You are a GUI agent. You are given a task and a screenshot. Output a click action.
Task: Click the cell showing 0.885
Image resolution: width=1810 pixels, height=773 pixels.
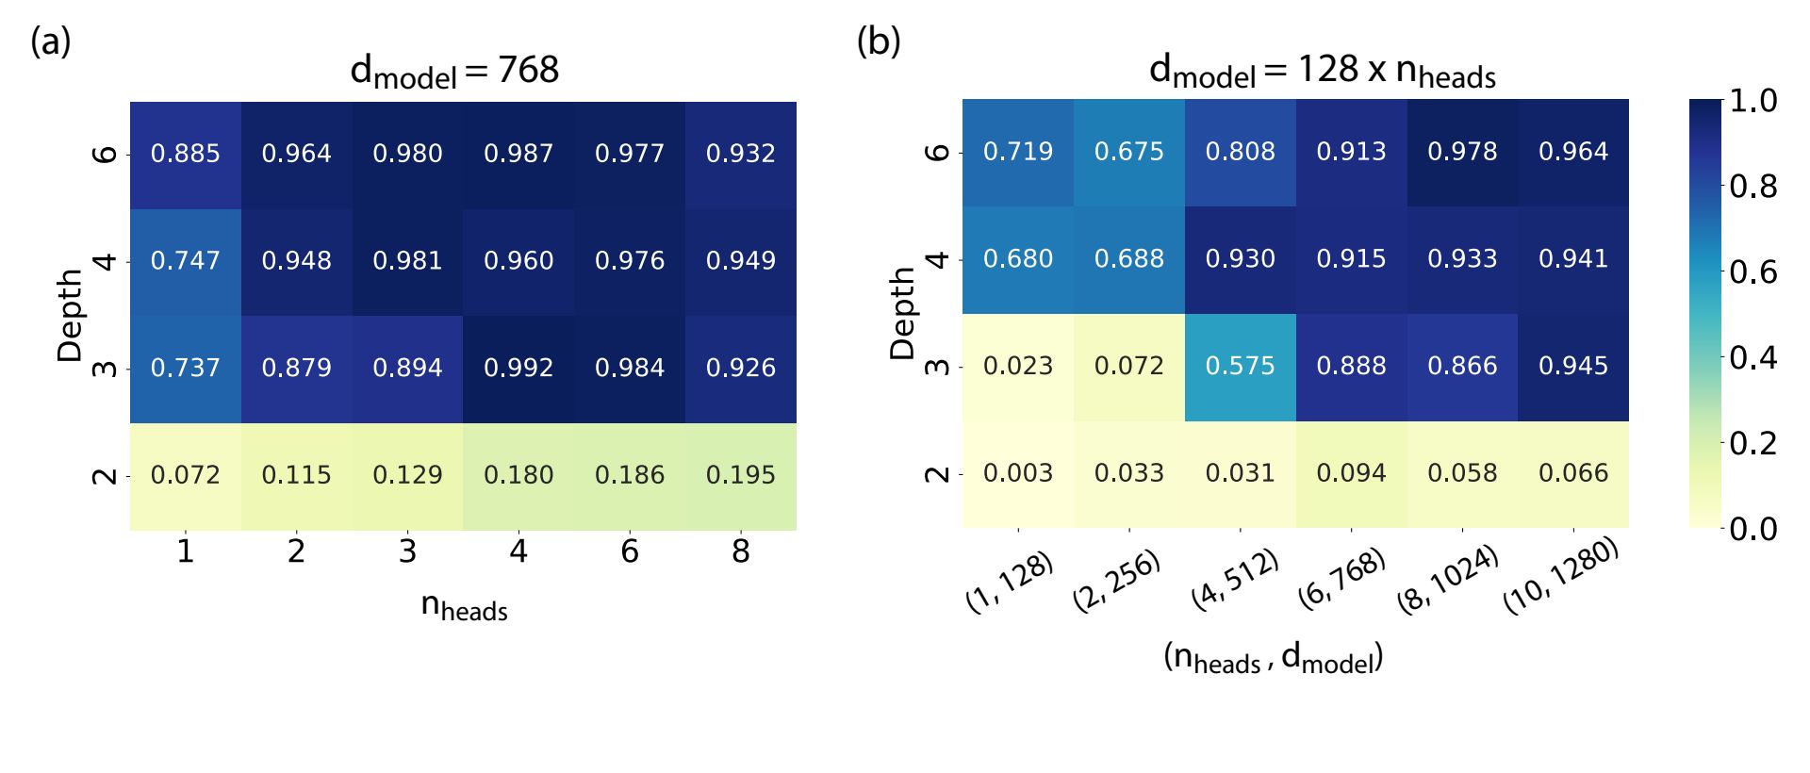(x=185, y=154)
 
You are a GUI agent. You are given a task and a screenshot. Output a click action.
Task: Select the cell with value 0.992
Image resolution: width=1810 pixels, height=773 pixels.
(x=518, y=368)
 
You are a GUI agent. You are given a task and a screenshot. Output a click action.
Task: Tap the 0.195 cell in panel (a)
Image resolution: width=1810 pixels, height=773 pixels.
(x=741, y=475)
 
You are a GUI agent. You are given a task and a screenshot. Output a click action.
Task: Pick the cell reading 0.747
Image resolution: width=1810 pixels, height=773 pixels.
(x=185, y=261)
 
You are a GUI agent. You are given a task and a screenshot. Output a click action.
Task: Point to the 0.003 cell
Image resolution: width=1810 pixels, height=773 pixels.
(x=1018, y=473)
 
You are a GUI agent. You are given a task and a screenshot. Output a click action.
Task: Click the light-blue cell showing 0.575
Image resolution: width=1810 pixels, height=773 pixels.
(x=1240, y=366)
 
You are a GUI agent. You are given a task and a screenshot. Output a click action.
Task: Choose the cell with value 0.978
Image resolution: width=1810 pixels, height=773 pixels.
(x=1462, y=152)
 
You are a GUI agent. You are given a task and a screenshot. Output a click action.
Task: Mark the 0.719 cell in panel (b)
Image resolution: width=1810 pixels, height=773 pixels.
(x=1018, y=152)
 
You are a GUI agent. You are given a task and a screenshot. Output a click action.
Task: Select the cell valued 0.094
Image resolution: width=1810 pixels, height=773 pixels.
(x=1351, y=473)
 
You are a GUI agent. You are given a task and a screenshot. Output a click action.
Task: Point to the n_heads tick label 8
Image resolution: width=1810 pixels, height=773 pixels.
(x=741, y=551)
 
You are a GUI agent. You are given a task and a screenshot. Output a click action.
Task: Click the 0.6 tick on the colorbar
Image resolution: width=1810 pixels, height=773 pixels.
(x=1753, y=272)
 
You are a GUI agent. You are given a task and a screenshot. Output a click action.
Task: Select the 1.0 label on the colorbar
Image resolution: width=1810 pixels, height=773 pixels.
(x=1753, y=101)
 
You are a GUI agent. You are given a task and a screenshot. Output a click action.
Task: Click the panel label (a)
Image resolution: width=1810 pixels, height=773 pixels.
(x=51, y=42)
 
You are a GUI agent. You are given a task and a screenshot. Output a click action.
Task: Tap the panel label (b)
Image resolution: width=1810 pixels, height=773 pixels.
(x=879, y=42)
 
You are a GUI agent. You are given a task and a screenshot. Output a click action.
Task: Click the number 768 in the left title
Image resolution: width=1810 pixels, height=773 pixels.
(x=528, y=70)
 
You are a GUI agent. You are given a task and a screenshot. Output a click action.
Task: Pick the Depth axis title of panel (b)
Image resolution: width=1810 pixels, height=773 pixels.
(x=902, y=313)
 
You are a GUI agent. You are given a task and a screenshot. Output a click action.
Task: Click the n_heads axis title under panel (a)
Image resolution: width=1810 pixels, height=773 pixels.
(x=464, y=606)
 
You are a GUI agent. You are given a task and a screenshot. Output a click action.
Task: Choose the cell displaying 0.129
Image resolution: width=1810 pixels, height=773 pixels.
(x=407, y=475)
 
